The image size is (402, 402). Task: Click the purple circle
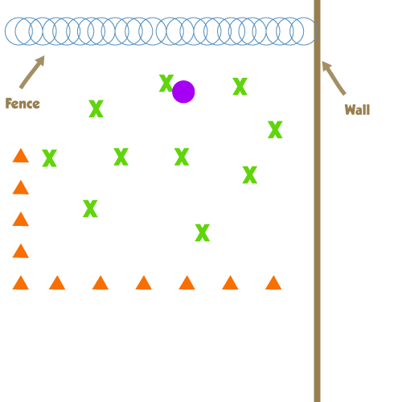tap(183, 92)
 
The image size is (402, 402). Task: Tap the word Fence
tap(23, 104)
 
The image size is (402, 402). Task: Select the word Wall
tap(357, 109)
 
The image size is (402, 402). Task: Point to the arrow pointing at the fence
tap(32, 72)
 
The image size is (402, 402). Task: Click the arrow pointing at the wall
tap(334, 78)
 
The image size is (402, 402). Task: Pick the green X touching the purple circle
tap(166, 83)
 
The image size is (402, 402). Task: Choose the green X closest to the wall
tap(275, 129)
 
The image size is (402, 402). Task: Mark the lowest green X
tap(203, 232)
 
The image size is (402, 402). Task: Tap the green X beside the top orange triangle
tap(50, 158)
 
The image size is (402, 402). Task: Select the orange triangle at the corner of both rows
tap(21, 283)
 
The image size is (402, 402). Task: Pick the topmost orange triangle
tap(21, 155)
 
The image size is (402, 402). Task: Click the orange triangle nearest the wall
tap(273, 283)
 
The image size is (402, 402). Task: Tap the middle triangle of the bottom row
tap(144, 283)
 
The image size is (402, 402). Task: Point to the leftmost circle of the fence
tap(6, 31)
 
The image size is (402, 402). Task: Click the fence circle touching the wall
tap(317, 31)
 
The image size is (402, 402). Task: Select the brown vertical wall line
tap(318, 201)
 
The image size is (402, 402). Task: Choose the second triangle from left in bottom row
tap(57, 283)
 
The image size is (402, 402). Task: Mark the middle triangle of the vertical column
tap(21, 219)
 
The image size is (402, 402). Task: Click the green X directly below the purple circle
tap(182, 157)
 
